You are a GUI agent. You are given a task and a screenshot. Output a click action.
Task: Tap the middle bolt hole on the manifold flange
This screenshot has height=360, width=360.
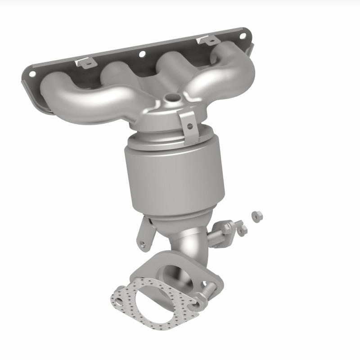coord(142,54)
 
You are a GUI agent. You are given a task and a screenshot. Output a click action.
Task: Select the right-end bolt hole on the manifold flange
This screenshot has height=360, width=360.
coord(243,35)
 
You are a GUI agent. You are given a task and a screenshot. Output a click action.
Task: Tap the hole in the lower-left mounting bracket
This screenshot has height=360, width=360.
coord(143,244)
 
